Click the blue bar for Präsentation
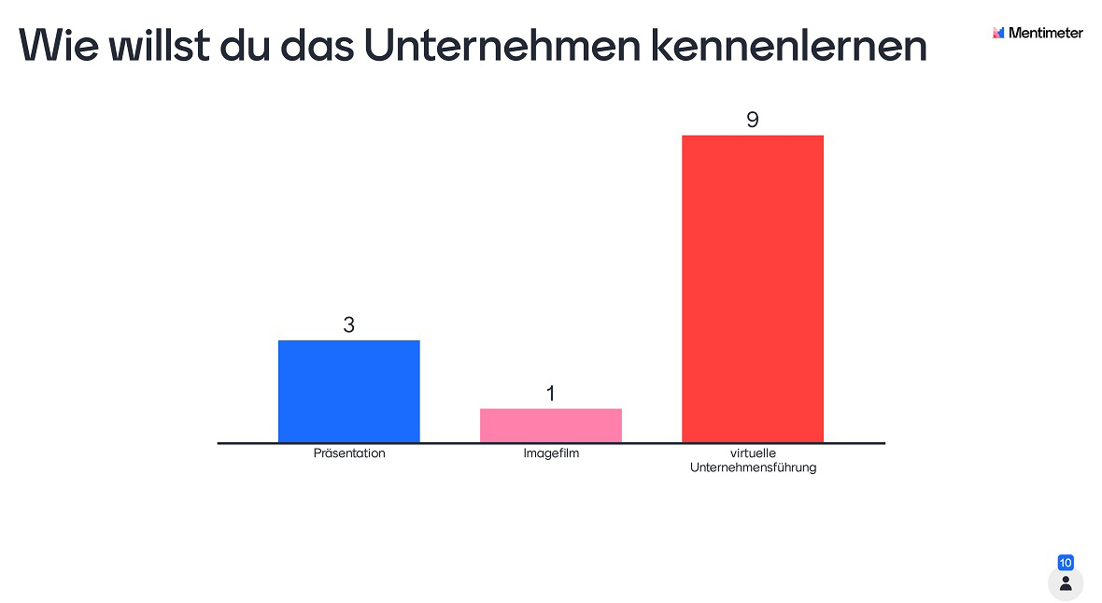348,391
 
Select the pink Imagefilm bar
550,425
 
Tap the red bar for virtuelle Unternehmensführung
752,288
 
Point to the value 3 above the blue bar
348,325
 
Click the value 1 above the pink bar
550,394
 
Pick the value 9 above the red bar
752,121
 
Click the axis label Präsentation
348,453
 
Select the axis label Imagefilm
551,453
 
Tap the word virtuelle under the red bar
753,453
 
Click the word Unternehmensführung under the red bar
753,467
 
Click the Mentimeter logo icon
998,33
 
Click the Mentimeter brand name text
1046,33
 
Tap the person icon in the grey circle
1066,583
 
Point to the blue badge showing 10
1066,563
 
